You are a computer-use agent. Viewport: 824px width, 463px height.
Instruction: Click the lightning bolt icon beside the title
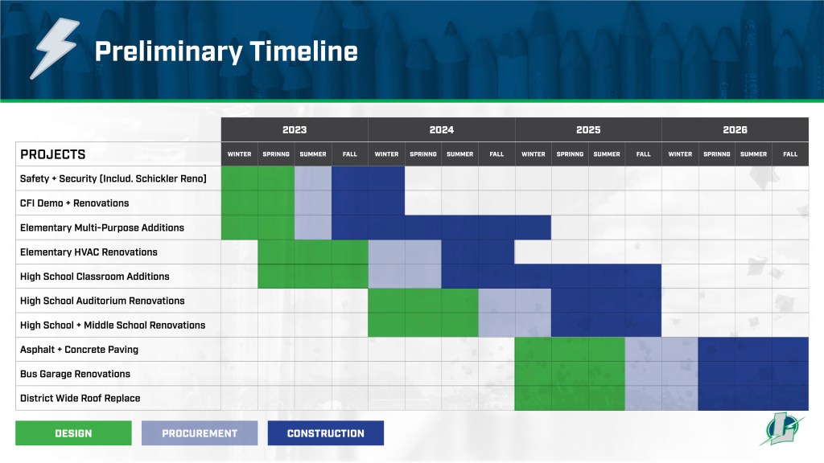pos(55,47)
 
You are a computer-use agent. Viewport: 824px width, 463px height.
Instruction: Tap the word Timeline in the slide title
pos(303,51)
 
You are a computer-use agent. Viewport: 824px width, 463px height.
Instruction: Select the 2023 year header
pos(295,129)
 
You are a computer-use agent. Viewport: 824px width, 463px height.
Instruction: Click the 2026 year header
pos(735,129)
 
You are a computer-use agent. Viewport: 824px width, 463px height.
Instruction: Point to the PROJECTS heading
pos(52,154)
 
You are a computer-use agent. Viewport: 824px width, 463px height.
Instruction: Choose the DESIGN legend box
pos(73,433)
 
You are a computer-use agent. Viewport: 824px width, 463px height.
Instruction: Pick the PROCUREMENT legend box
pos(200,433)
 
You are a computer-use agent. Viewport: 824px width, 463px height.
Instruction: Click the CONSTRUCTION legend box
pos(326,433)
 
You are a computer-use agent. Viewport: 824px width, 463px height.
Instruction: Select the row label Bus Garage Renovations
pos(75,374)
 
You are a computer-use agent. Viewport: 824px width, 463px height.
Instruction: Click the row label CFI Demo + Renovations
pos(74,203)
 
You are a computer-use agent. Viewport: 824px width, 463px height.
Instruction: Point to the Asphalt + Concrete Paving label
pos(79,350)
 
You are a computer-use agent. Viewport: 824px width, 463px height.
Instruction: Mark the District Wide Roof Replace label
pos(80,399)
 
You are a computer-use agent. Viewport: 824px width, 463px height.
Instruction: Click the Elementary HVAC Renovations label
pos(89,252)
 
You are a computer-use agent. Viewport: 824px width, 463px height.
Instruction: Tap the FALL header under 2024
pos(496,154)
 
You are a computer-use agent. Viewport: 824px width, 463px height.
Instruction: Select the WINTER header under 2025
pos(534,154)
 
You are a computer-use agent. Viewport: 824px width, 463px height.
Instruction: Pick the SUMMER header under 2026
pos(753,154)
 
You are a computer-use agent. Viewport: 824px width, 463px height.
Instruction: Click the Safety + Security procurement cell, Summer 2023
pos(313,178)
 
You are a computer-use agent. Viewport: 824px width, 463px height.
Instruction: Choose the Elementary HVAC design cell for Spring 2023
pos(277,252)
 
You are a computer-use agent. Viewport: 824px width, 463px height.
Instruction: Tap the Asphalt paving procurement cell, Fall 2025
pos(643,350)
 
